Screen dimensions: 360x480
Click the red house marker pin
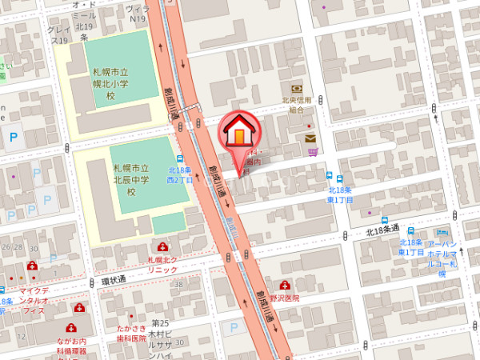pyautogui.click(x=239, y=131)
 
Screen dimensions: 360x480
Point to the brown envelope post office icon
pyautogui.click(x=310, y=138)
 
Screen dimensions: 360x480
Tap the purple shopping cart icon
pyautogui.click(x=318, y=150)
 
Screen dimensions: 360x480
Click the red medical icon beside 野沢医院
pyautogui.click(x=285, y=286)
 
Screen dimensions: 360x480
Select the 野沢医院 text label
pyautogui.click(x=283, y=298)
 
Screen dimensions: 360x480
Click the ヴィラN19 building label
pyautogui.click(x=138, y=11)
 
